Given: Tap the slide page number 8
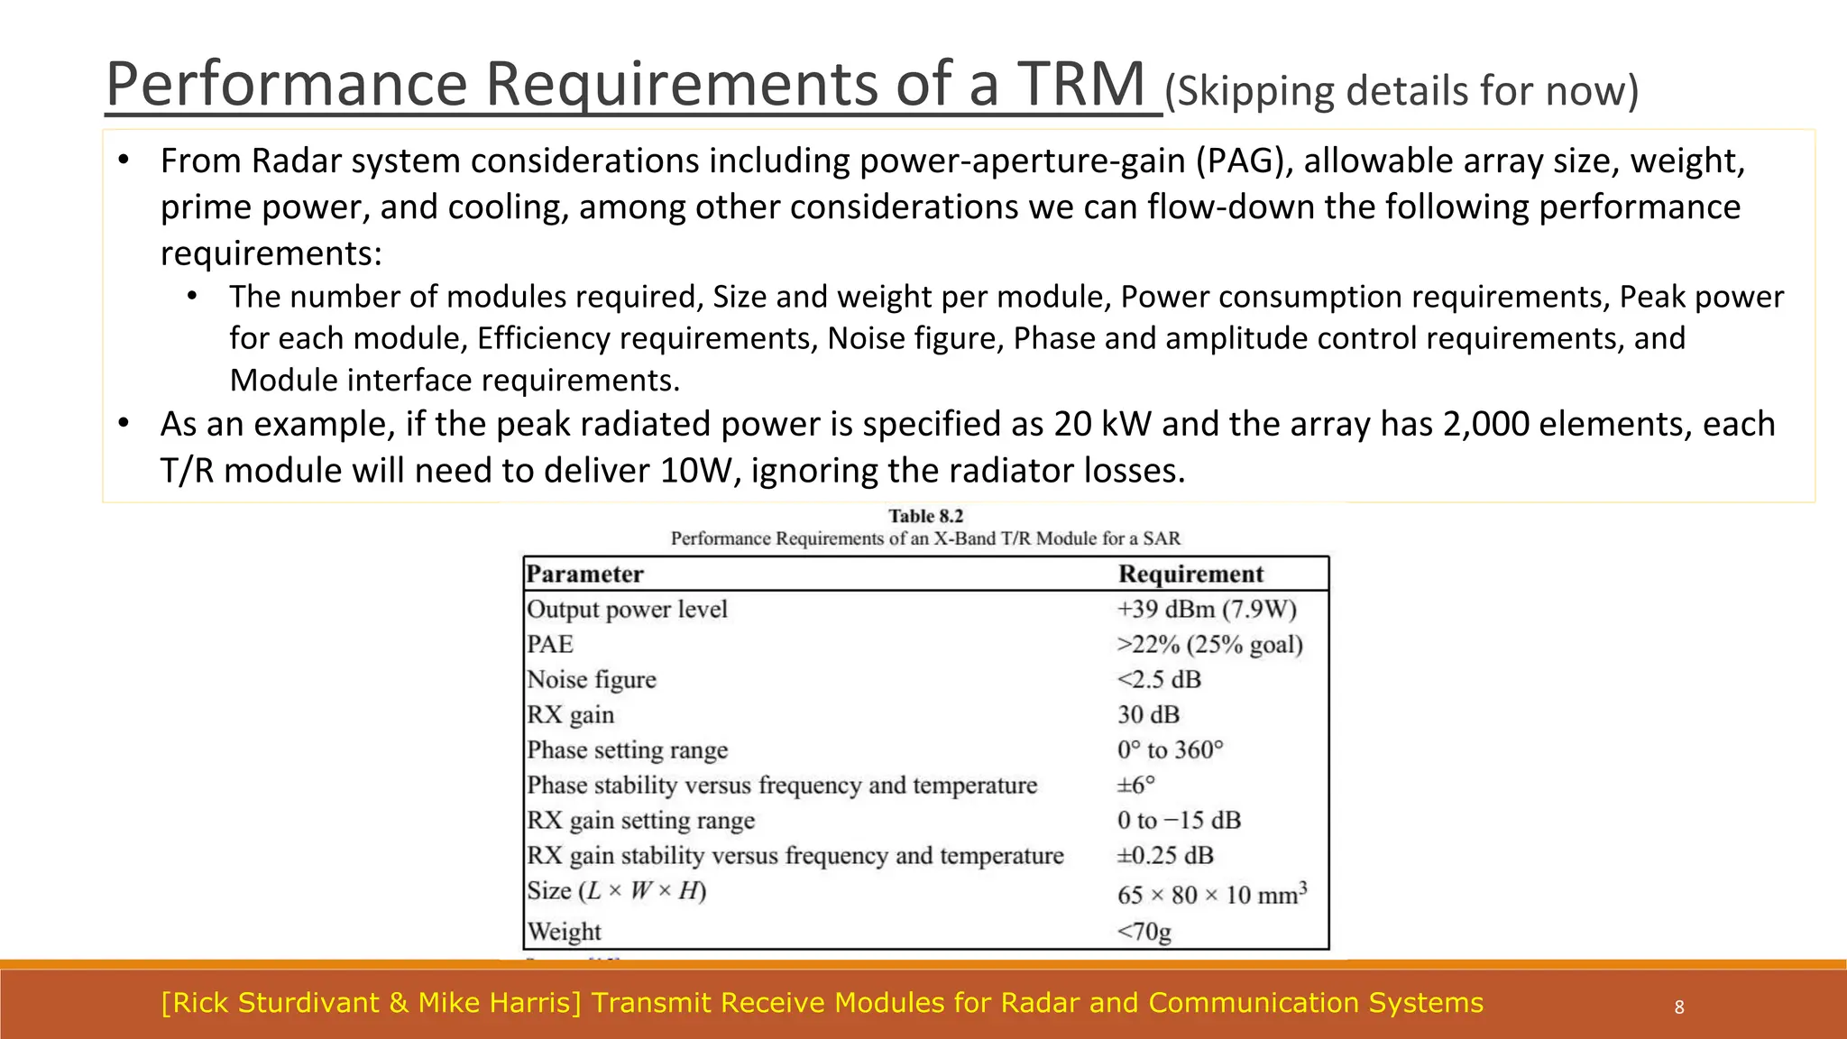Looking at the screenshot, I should [x=1679, y=1007].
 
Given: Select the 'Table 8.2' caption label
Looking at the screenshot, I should [x=925, y=516].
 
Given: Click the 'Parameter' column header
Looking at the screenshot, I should [x=584, y=575].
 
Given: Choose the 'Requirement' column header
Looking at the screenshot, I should [x=1190, y=575].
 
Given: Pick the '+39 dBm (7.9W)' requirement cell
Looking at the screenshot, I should [x=1207, y=610].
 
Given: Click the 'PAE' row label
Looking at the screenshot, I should [x=550, y=645].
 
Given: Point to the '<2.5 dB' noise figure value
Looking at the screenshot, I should [x=1159, y=680].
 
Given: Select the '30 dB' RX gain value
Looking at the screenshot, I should [x=1148, y=715].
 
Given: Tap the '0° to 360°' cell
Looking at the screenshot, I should [x=1171, y=750].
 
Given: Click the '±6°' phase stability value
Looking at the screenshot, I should [x=1136, y=786].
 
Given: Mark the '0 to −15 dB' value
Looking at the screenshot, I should [x=1179, y=821].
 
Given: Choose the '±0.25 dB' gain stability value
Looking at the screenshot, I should [x=1165, y=856].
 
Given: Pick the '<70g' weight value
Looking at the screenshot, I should [x=1144, y=931].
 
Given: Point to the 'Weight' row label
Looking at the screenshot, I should [x=564, y=931].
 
